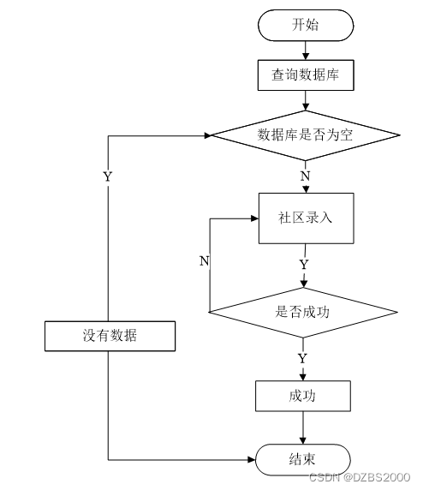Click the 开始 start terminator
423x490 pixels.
306,26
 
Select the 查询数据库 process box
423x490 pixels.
306,75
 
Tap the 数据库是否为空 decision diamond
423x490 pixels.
306,135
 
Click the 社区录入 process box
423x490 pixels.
307,218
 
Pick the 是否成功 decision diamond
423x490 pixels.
303,312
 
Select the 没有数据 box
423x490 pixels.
110,336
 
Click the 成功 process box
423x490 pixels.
303,396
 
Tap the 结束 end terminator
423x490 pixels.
303,460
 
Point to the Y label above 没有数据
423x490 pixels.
108,176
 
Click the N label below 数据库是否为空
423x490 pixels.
305,176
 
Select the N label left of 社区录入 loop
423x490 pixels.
205,260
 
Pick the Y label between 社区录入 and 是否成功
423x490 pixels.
304,265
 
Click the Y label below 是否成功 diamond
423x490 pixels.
302,358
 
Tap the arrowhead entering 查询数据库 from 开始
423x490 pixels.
306,57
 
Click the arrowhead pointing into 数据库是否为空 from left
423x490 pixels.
208,135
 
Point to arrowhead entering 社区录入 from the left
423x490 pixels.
255,218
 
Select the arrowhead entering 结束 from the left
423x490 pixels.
252,460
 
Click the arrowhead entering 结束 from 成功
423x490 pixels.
303,440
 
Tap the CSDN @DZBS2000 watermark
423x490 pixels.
360,477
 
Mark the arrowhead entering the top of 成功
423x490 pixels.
303,377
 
